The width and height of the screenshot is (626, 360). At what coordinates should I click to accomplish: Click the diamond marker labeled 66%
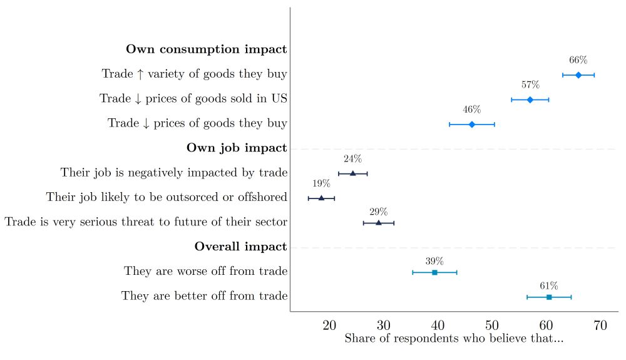coord(578,75)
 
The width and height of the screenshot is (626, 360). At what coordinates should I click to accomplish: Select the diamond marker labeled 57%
coord(530,100)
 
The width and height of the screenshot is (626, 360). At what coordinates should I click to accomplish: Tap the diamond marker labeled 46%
coord(472,125)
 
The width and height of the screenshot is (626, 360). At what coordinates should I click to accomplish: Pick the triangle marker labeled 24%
coord(352,173)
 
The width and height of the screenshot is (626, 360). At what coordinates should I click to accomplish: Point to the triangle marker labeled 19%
coord(322,198)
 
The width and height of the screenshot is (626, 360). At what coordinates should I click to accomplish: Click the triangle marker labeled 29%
coord(378,222)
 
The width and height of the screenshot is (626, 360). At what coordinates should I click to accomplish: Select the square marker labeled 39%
coord(434,272)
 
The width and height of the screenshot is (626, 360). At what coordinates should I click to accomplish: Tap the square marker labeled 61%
coord(549,297)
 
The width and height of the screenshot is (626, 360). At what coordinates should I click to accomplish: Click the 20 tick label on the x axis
coord(329,325)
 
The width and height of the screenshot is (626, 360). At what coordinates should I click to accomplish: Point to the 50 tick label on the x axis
coord(492,325)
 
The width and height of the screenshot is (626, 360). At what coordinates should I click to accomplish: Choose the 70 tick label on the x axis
coord(600,325)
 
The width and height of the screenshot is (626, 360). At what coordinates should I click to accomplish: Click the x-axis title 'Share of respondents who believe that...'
coord(454,339)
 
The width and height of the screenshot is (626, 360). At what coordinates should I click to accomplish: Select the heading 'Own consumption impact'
coord(207,49)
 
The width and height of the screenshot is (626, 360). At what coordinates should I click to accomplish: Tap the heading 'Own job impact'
coord(237,148)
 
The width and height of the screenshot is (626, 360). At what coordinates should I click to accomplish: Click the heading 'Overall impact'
coord(240,247)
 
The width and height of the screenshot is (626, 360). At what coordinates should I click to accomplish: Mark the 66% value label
coord(578,60)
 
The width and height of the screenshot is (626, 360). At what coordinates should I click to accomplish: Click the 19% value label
coord(322,183)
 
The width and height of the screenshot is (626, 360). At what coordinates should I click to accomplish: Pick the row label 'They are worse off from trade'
coord(205,271)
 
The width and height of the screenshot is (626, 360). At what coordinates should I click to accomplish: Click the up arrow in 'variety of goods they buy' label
coord(140,74)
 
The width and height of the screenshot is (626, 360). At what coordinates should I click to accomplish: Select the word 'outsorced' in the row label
coord(185,197)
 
